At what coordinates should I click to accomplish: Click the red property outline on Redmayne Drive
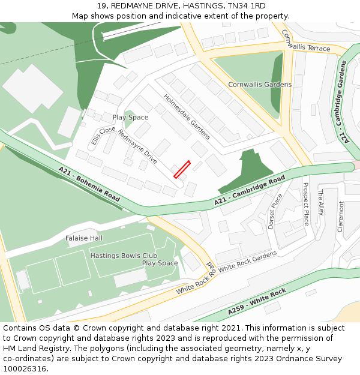pos(182,169)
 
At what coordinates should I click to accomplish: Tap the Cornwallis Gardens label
pos(260,85)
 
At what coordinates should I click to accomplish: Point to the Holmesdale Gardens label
pos(187,116)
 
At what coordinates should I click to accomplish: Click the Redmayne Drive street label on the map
pos(137,146)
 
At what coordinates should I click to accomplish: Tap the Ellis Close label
pos(103,136)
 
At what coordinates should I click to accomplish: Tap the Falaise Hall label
pos(84,238)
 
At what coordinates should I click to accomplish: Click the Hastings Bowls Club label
pos(124,256)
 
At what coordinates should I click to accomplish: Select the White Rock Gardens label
pos(247,262)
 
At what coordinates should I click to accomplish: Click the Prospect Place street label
pos(305,204)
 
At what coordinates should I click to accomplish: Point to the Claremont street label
pos(341,217)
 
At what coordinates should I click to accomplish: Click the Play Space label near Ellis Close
pos(130,118)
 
